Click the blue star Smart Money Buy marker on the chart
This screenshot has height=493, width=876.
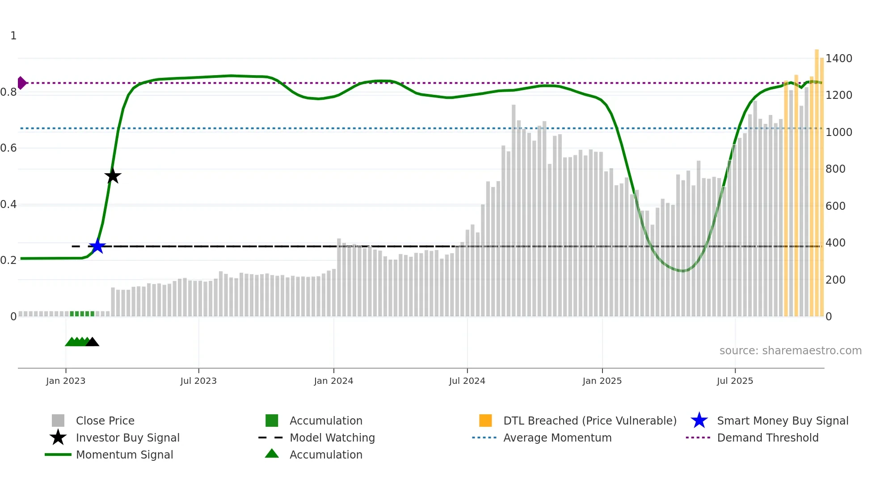pyautogui.click(x=97, y=246)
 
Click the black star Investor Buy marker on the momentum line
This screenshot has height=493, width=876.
pyautogui.click(x=113, y=176)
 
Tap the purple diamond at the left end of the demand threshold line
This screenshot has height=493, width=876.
pyautogui.click(x=21, y=83)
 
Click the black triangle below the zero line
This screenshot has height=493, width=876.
pyautogui.click(x=92, y=342)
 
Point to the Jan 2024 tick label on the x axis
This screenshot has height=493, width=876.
pyautogui.click(x=333, y=381)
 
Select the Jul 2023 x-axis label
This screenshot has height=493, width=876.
pyautogui.click(x=198, y=381)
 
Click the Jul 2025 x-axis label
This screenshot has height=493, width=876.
pyautogui.click(x=735, y=381)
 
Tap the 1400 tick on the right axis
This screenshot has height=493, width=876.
pyautogui.click(x=838, y=58)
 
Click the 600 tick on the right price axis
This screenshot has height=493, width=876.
pyautogui.click(x=835, y=206)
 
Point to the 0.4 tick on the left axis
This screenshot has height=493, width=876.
pyautogui.click(x=8, y=204)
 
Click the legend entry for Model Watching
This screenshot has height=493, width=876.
pyautogui.click(x=332, y=438)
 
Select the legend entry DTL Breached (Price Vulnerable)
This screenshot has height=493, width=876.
pyautogui.click(x=590, y=421)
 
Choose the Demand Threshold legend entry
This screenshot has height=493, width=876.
pyautogui.click(x=767, y=438)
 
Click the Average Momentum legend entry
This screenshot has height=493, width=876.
pyautogui.click(x=557, y=438)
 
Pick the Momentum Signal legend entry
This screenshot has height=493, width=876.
pyautogui.click(x=124, y=455)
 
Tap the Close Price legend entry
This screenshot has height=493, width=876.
pyautogui.click(x=105, y=421)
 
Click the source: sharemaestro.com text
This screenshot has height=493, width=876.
pyautogui.click(x=790, y=350)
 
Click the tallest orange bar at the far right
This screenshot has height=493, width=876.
pyautogui.click(x=817, y=179)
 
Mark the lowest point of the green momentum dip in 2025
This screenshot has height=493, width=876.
pyautogui.click(x=682, y=271)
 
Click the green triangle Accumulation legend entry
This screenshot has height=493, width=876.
pyautogui.click(x=326, y=455)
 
